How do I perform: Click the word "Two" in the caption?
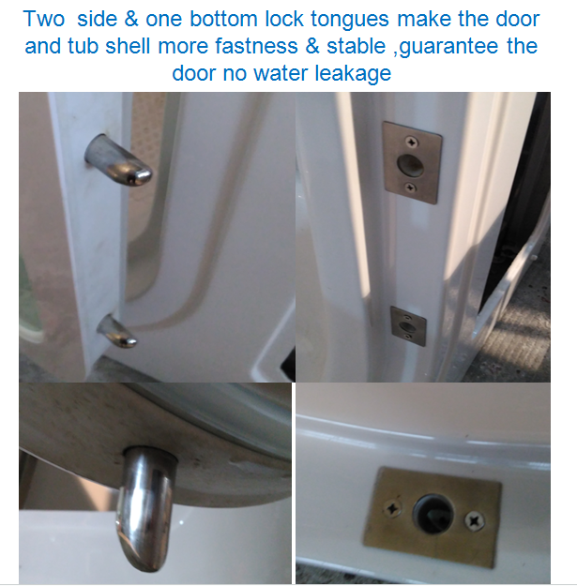point(44,19)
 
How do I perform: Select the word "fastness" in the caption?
point(256,46)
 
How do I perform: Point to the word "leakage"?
point(353,74)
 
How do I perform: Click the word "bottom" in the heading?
point(223,19)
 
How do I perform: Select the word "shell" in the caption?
point(129,46)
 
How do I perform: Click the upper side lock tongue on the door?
point(118,160)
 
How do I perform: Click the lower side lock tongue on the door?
point(117,332)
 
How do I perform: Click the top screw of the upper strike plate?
point(412,142)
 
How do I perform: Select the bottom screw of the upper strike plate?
point(411,188)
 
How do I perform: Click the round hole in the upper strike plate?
point(410,165)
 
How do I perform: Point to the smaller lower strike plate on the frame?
point(408,326)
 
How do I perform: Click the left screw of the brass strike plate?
point(393,508)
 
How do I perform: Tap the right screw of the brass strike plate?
point(474,520)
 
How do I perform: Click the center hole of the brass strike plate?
point(433,514)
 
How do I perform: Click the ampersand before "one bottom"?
point(131,19)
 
